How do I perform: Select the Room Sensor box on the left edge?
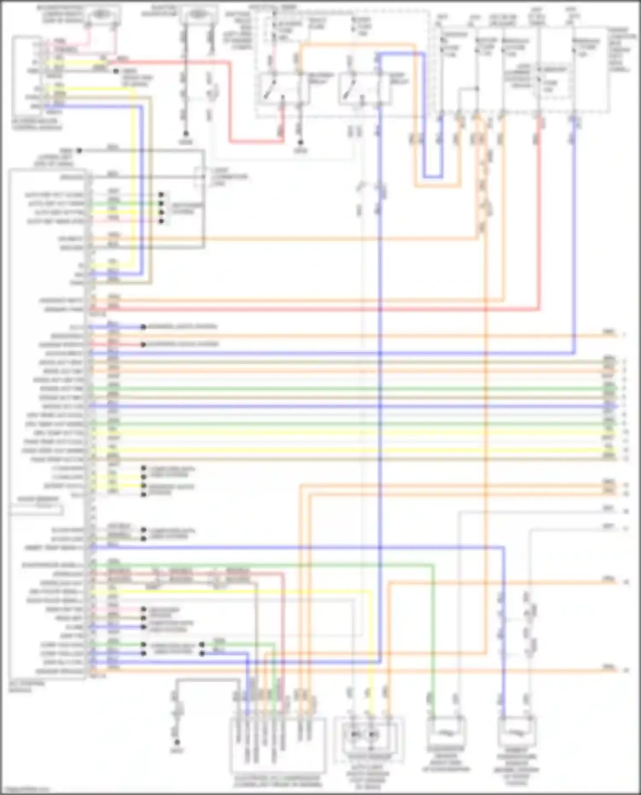36,509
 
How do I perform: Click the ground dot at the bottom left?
176,742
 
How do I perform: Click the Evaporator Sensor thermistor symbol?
446,732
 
